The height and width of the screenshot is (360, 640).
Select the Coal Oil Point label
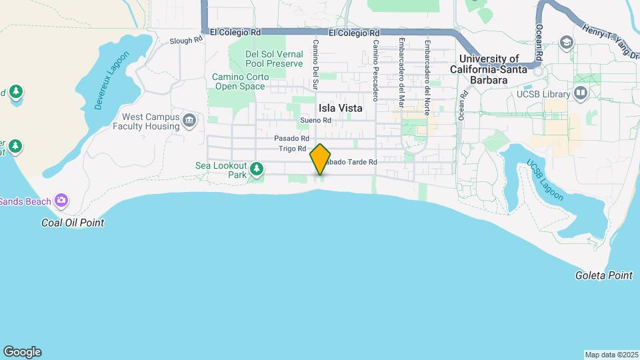click(73, 223)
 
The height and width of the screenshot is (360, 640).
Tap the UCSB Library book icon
click(580, 93)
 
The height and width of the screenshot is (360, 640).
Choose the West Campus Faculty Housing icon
click(190, 121)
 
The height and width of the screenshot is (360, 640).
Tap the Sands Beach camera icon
click(61, 200)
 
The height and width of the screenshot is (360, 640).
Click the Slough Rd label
click(185, 40)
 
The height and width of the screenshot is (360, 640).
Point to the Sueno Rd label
click(315, 120)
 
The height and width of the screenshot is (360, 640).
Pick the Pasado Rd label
click(290, 138)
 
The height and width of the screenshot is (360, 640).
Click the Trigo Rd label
click(292, 149)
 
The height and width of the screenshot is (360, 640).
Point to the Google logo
click(22, 351)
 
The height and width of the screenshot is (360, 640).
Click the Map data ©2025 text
click(611, 355)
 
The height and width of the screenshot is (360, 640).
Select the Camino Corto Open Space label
click(241, 81)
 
